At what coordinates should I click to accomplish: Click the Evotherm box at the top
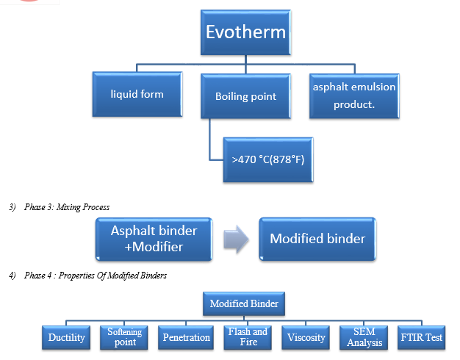tap(246, 32)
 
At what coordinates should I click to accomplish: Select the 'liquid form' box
tap(137, 94)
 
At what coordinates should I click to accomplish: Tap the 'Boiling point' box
tap(246, 96)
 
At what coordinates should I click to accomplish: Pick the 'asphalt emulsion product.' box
tap(354, 96)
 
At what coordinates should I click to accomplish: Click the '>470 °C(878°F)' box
tap(268, 160)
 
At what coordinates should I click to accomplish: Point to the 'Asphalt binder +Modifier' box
tap(154, 239)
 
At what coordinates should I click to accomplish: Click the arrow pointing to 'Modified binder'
tap(236, 239)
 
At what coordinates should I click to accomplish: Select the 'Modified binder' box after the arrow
tap(317, 239)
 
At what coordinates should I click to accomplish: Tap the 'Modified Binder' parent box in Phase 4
tap(244, 303)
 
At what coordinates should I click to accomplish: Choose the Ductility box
tap(66, 337)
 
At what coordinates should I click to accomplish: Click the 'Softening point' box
tap(124, 337)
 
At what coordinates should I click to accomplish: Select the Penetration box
tap(186, 337)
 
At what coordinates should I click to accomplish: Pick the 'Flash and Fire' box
tap(248, 337)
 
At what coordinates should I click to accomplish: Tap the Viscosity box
tap(306, 337)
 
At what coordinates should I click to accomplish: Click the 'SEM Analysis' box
tap(364, 337)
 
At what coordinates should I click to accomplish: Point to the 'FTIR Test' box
tap(422, 337)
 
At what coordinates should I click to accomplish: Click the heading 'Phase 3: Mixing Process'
tap(67, 207)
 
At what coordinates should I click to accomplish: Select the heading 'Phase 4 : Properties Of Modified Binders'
tap(96, 276)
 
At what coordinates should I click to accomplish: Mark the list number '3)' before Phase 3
tap(12, 207)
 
